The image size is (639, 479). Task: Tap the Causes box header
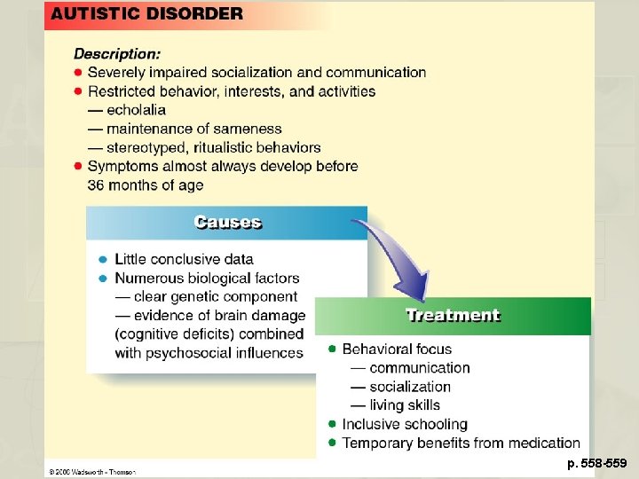coord(228,222)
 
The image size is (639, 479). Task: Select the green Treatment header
coord(453,316)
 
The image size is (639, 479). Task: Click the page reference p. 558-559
coord(596,464)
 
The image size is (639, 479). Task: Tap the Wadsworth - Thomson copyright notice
coord(93,472)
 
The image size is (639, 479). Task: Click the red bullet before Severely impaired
coord(79,73)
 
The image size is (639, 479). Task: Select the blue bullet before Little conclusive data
coord(104,260)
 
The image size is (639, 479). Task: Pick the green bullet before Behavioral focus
coord(332,349)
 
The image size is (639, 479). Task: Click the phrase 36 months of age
coord(146,185)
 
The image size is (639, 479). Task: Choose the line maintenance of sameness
coord(194,129)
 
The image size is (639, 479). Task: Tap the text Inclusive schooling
coord(405,424)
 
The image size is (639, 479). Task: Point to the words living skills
coord(405,405)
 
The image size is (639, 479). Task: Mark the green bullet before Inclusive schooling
coord(332,424)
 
